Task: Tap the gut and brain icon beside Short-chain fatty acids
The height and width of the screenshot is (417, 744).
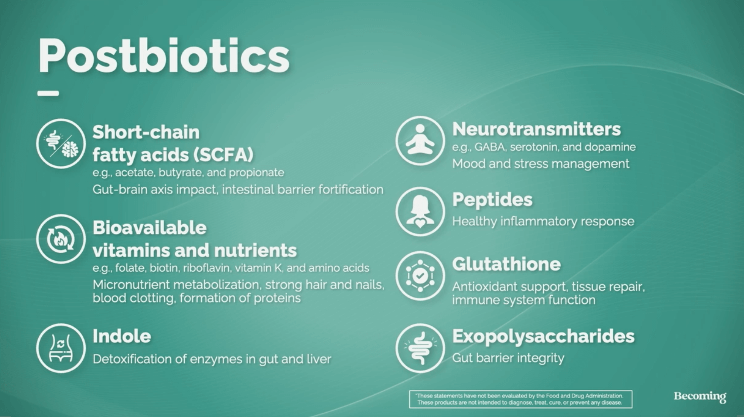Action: pyautogui.click(x=61, y=144)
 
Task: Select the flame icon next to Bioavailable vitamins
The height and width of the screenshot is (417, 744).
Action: pyautogui.click(x=61, y=239)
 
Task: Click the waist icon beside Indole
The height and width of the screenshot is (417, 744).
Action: pyautogui.click(x=61, y=348)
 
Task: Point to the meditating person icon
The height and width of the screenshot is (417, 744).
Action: pyautogui.click(x=420, y=141)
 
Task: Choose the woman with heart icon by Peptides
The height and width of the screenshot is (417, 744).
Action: pyautogui.click(x=420, y=212)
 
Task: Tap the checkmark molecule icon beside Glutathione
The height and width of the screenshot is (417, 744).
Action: pyautogui.click(x=420, y=276)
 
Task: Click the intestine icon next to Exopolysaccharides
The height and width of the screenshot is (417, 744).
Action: pyautogui.click(x=420, y=348)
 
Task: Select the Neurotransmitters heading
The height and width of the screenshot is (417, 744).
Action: pyautogui.click(x=537, y=129)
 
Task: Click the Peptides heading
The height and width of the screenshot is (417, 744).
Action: pyautogui.click(x=492, y=200)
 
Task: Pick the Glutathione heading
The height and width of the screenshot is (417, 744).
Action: pyautogui.click(x=506, y=264)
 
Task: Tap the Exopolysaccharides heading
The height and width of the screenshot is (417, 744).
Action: pyautogui.click(x=543, y=336)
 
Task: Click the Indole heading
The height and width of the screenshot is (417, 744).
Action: pyautogui.click(x=122, y=336)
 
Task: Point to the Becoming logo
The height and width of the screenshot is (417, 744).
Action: pyautogui.click(x=700, y=397)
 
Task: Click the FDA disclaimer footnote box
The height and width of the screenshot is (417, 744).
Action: pyautogui.click(x=521, y=399)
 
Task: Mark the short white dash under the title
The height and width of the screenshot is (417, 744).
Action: pyautogui.click(x=48, y=93)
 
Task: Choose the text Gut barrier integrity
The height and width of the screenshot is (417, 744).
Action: pyautogui.click(x=508, y=358)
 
